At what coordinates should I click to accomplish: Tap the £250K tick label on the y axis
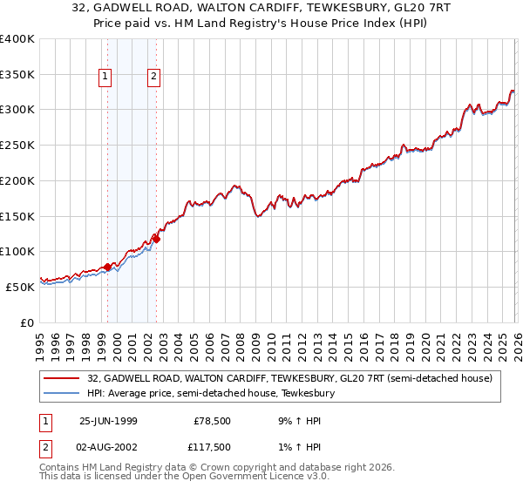click(17, 145)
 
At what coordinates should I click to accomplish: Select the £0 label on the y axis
click(25, 322)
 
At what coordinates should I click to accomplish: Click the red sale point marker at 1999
click(108, 267)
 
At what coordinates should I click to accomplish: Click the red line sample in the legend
click(62, 378)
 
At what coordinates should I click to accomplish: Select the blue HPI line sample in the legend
click(62, 394)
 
